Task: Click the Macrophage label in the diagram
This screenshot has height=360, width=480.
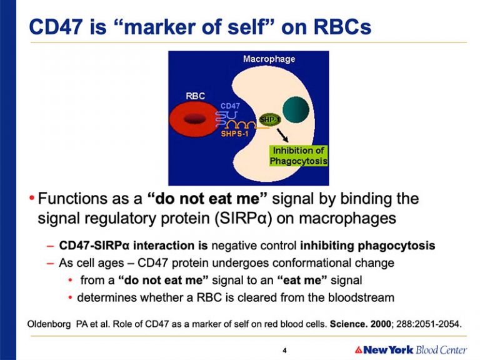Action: point(269,59)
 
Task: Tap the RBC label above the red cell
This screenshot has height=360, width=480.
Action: point(195,96)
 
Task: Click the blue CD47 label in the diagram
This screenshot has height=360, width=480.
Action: point(230,106)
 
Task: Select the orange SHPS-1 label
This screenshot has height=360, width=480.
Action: point(234,134)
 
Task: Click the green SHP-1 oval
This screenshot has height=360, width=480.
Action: point(270,119)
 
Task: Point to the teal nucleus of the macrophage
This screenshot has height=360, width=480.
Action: point(296,109)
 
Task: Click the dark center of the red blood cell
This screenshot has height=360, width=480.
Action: point(194,119)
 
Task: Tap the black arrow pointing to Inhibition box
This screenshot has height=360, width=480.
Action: point(282,135)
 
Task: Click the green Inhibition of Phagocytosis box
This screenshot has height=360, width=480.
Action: point(298,156)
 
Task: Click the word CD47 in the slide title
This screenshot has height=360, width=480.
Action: point(56,26)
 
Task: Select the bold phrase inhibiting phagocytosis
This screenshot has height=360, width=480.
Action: point(367,246)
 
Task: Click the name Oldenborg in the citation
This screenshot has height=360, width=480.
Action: point(49,324)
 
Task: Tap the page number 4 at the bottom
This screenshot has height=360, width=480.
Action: point(285,351)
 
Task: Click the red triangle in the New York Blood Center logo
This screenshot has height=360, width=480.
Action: point(359,349)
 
